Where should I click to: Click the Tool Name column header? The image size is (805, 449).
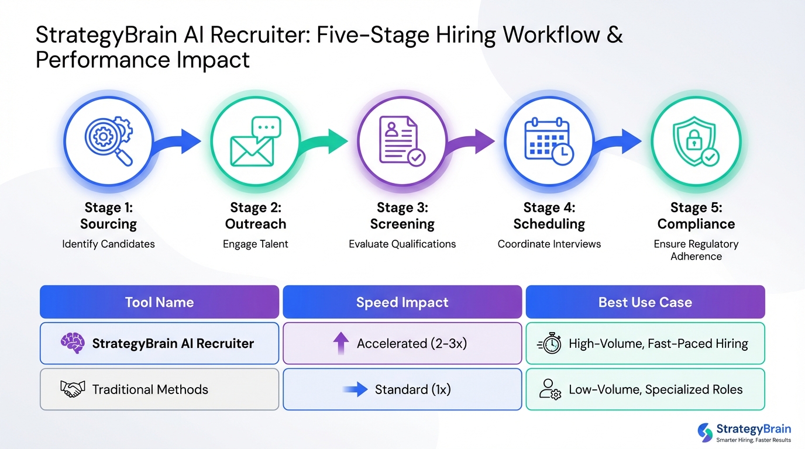pyautogui.click(x=159, y=302)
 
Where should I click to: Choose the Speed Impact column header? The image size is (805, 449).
pyautogui.click(x=402, y=302)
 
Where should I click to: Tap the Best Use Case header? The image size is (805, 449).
pyautogui.click(x=645, y=302)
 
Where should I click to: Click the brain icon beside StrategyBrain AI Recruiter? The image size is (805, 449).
pyautogui.click(x=73, y=343)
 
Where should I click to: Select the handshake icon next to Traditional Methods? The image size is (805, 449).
pyautogui.click(x=73, y=389)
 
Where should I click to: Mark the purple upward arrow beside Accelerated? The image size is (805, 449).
pyautogui.click(x=340, y=344)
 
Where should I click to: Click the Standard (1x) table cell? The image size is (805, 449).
pyautogui.click(x=402, y=389)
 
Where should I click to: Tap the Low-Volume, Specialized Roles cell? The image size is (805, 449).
pyautogui.click(x=645, y=389)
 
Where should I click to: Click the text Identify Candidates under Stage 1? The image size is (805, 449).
pyautogui.click(x=108, y=244)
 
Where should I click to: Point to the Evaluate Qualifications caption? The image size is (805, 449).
pyautogui.click(x=402, y=244)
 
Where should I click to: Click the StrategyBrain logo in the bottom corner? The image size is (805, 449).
pyautogui.click(x=744, y=432)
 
